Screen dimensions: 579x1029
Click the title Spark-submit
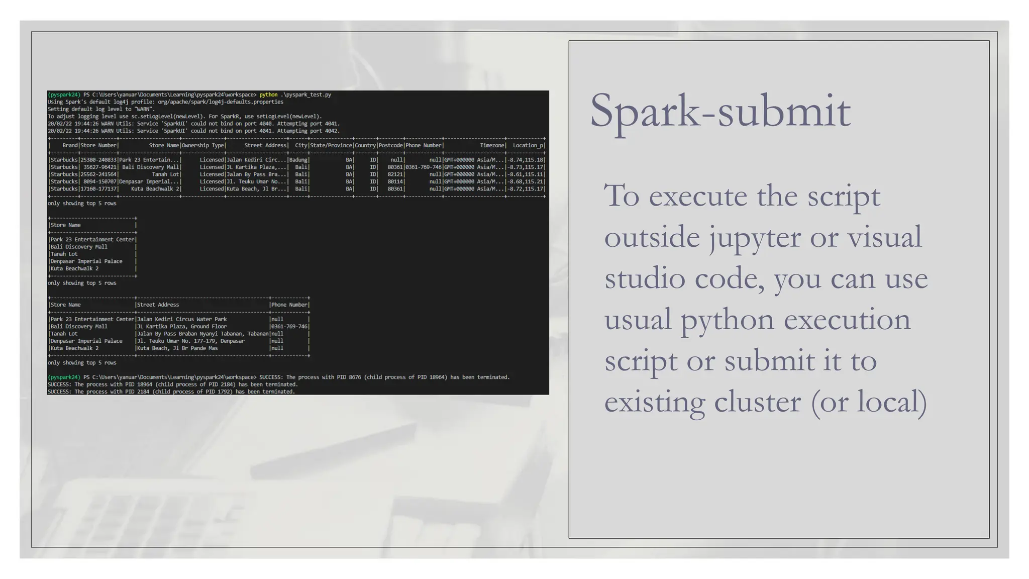719,112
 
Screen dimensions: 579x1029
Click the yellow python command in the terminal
268,94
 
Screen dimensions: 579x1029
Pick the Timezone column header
492,145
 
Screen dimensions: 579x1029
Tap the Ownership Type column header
203,145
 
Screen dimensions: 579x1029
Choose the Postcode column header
390,145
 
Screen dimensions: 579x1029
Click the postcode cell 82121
395,174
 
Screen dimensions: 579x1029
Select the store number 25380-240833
98,160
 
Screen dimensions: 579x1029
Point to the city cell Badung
298,160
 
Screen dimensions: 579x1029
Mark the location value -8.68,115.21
526,181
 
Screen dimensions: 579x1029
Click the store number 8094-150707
100,181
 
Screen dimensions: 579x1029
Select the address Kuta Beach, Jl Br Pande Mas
177,348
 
